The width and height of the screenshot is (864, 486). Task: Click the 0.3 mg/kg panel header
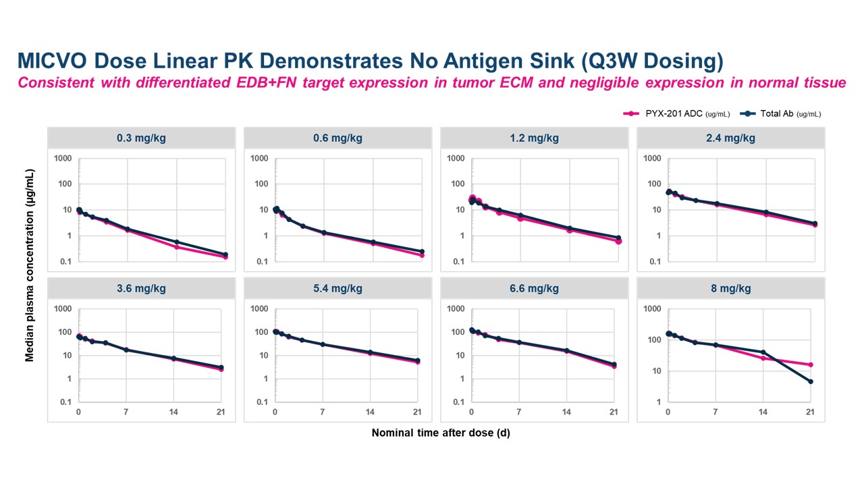point(141,138)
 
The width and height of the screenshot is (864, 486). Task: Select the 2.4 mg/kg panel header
point(731,138)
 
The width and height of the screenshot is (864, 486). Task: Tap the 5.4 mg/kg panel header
point(337,288)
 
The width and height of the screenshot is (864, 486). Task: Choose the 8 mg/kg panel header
point(731,288)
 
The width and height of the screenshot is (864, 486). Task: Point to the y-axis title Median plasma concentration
point(30,265)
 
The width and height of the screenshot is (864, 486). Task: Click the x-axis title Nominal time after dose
point(441,433)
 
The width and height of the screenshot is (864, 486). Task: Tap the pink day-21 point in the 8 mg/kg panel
point(811,364)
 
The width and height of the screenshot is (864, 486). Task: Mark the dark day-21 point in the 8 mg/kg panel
point(811,381)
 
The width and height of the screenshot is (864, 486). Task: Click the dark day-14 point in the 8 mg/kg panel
point(763,352)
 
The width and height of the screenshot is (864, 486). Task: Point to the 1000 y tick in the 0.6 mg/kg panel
point(260,159)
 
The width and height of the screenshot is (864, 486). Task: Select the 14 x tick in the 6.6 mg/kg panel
point(566,412)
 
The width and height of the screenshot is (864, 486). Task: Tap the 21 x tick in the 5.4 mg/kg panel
point(417,412)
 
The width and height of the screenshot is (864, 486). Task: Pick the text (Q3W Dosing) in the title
point(652,61)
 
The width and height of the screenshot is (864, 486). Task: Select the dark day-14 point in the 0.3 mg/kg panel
point(177,242)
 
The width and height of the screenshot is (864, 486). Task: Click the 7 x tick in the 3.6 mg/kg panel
point(126,412)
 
